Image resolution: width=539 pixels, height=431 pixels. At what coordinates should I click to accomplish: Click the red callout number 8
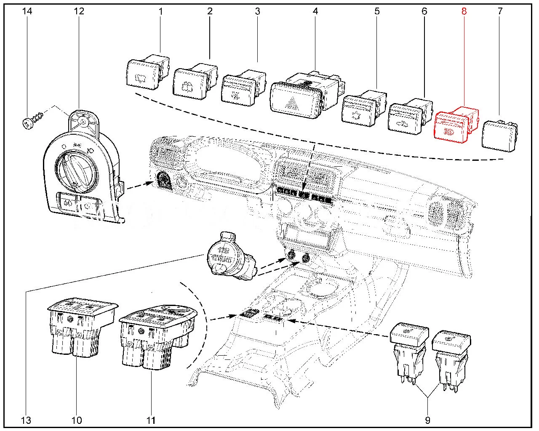point(464,11)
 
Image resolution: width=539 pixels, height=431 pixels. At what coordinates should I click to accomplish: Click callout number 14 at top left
point(27,11)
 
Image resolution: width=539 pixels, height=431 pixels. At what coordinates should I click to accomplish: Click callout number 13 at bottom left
point(26,420)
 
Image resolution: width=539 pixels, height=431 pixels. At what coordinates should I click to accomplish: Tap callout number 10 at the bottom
point(77,420)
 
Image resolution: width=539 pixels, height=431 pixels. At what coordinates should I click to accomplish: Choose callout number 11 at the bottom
point(151,420)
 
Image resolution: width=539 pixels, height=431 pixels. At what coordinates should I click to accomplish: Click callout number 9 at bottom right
point(427,420)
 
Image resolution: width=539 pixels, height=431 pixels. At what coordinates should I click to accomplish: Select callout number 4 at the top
point(315,11)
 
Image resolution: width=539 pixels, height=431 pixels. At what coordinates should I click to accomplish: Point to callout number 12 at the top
point(79,11)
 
